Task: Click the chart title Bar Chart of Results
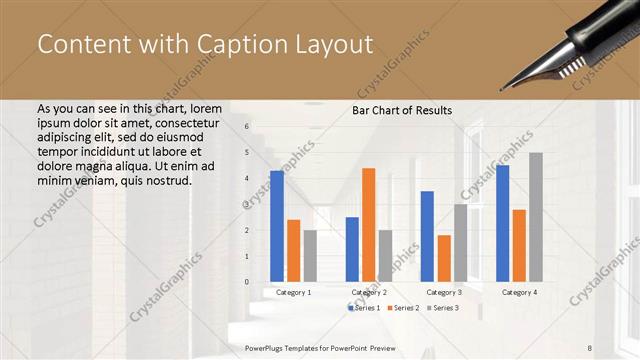coord(401,110)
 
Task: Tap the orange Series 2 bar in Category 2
coord(368,225)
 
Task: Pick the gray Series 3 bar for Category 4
coord(535,217)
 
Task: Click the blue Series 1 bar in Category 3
coord(427,236)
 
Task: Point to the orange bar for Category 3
coord(443,258)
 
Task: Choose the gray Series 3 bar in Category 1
coord(310,256)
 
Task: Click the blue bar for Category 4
coord(502,223)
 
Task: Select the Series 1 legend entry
coord(364,308)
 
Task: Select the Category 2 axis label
coord(369,292)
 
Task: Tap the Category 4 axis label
coord(518,292)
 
